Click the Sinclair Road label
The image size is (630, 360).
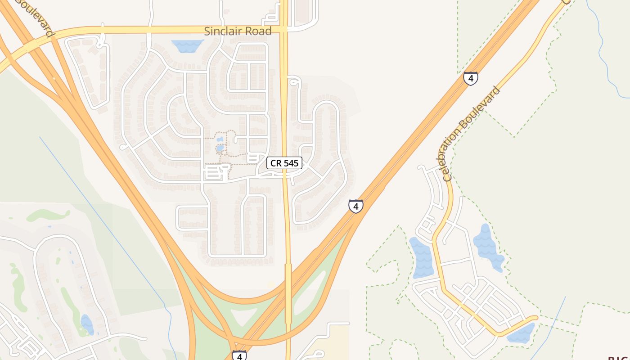[238, 31]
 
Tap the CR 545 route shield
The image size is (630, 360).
[284, 163]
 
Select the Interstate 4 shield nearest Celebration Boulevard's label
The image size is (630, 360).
[471, 79]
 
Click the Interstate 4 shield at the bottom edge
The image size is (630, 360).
[239, 355]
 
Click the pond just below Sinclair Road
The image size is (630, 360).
[187, 45]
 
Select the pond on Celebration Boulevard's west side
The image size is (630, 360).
[421, 258]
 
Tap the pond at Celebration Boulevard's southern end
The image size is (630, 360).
[521, 333]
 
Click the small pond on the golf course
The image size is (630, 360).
[87, 324]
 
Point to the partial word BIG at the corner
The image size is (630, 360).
[619, 358]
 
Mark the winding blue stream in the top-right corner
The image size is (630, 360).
[605, 54]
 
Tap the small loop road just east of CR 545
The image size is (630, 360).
[293, 81]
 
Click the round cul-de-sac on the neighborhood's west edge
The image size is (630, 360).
[123, 147]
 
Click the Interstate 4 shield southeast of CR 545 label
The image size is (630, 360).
[355, 206]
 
